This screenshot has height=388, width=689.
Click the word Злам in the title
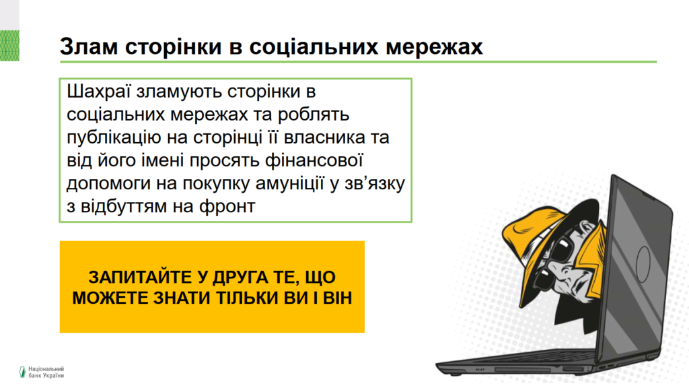(x=89, y=46)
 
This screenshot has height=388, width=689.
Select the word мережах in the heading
(x=434, y=46)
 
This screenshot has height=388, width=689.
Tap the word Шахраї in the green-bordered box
(x=99, y=92)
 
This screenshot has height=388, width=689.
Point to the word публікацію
(x=114, y=137)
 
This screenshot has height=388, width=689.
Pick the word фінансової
(x=314, y=160)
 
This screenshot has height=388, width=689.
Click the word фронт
(x=227, y=206)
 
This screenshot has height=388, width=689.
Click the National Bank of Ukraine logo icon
(x=22, y=372)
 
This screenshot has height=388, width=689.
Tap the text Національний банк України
(x=46, y=372)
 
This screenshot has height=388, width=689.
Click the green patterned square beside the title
(x=9, y=46)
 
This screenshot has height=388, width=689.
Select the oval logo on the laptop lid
(x=643, y=264)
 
